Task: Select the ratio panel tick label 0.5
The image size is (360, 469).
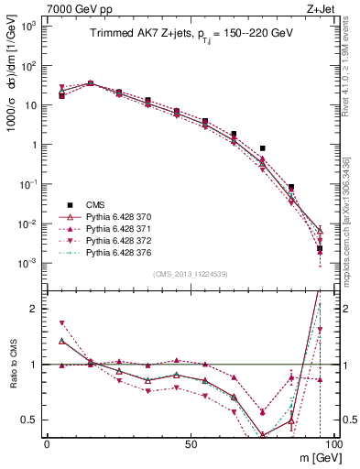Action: coord(31,420)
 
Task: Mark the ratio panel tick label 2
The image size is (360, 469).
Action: coord(35,309)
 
